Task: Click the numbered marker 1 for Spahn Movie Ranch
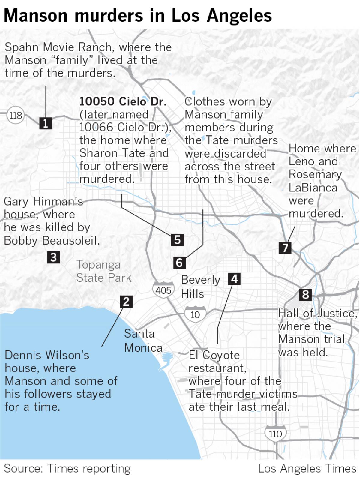tap(45, 123)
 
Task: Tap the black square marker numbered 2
tap(126, 301)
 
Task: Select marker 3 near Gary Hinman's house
tap(53, 257)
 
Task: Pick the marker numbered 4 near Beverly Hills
tap(234, 279)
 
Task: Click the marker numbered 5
tap(177, 240)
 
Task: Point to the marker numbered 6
tap(179, 263)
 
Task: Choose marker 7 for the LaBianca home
tap(285, 248)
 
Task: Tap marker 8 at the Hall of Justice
tap(305, 295)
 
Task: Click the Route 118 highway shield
tap(16, 115)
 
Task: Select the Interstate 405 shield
tap(163, 290)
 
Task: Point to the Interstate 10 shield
tap(195, 314)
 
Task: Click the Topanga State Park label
tap(104, 271)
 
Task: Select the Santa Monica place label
tap(143, 341)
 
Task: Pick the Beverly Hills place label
tap(200, 287)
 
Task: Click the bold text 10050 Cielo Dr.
tap(123, 101)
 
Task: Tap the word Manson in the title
tap(36, 15)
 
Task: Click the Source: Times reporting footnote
tap(67, 468)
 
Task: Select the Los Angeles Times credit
tap(307, 468)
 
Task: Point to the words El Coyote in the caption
tap(214, 355)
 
